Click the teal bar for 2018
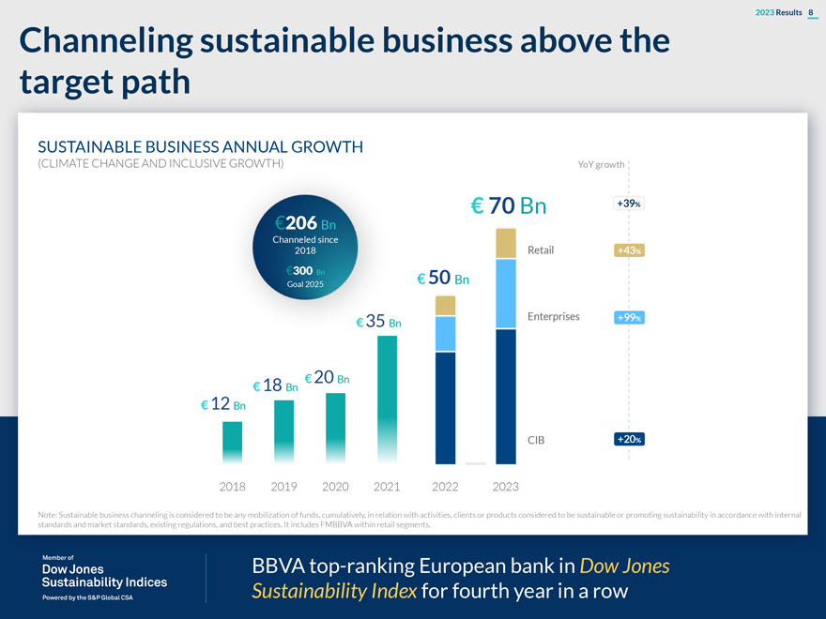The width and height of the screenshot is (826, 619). point(232,442)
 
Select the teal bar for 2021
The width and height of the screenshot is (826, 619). point(387,399)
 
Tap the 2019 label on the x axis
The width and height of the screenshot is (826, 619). point(283,487)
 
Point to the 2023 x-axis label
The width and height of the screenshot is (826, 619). point(505,487)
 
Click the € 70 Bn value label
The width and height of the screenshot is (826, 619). point(508,205)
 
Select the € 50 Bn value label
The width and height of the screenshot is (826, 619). point(443,279)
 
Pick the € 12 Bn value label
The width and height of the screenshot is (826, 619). point(223,404)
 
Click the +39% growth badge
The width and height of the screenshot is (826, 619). point(629,204)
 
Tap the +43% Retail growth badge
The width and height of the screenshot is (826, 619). point(629,250)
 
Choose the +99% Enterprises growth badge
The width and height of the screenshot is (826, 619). point(629,317)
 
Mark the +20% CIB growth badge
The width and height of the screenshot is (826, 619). point(629,439)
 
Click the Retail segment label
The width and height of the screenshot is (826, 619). point(541,250)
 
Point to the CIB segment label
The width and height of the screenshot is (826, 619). point(536,439)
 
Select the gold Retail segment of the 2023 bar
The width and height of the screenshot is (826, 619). point(506,243)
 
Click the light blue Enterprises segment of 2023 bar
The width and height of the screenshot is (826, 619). point(506,294)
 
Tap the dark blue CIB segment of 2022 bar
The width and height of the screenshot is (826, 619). point(445,407)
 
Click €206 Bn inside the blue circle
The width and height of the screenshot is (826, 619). point(305,223)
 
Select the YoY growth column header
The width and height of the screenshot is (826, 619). point(601,165)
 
